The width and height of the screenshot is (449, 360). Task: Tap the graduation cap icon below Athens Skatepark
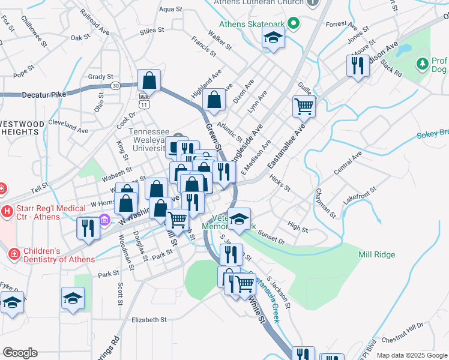[x=273, y=39]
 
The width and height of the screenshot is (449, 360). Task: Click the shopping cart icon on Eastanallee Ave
[x=304, y=107]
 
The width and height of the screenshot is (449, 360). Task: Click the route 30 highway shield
[x=115, y=86]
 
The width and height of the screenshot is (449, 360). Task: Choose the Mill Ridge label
[x=376, y=254]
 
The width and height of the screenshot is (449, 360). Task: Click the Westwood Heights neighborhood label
[x=22, y=128]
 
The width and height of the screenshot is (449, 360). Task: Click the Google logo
[x=20, y=353]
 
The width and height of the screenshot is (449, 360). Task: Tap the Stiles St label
[x=151, y=31]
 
